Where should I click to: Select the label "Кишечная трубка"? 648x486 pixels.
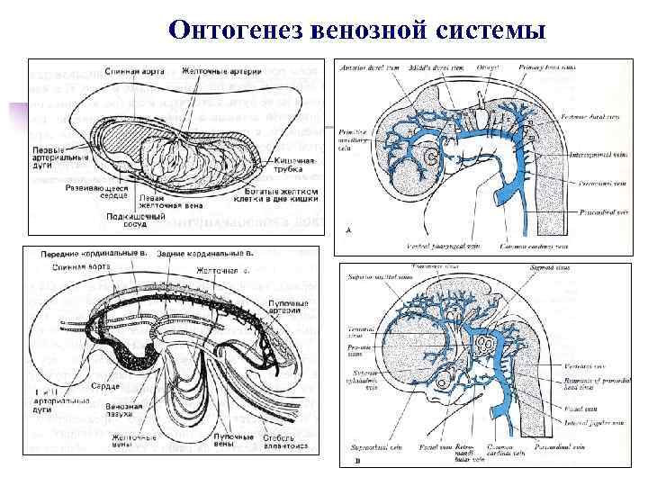290,166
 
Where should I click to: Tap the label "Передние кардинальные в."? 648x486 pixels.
94,253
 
